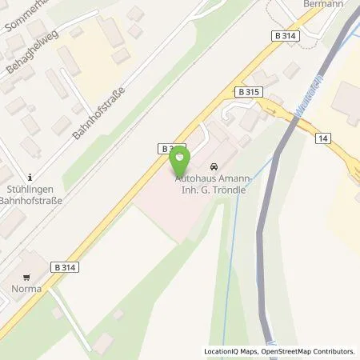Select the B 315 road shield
[x=248, y=93]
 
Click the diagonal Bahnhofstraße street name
[x=99, y=114]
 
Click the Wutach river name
[x=306, y=104]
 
